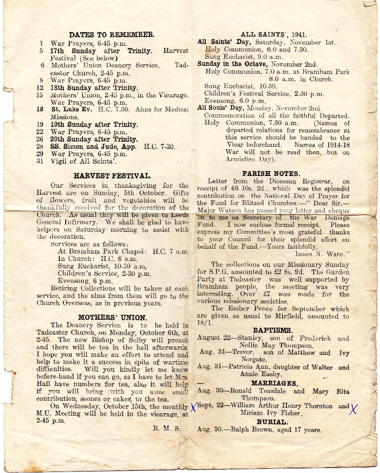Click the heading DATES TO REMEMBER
click(112, 35)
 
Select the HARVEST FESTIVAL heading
click(112, 175)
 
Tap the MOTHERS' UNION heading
click(112, 317)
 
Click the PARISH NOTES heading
click(271, 173)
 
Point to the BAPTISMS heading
click(273, 330)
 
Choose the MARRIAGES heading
click(275, 383)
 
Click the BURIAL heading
click(272, 422)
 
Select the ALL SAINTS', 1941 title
click(274, 35)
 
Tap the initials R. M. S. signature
click(167, 429)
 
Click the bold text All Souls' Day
click(220, 108)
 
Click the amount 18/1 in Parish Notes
click(203, 323)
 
